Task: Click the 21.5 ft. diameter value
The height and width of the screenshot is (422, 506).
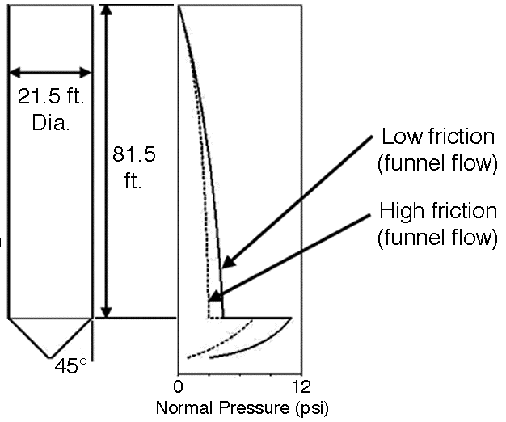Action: (51, 96)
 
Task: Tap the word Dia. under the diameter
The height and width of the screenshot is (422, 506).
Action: (51, 123)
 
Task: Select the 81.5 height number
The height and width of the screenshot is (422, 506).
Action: (134, 154)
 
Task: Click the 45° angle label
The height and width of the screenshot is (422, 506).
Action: (70, 366)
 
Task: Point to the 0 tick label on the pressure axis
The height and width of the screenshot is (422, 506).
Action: (178, 386)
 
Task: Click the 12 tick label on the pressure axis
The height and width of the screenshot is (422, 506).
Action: (301, 386)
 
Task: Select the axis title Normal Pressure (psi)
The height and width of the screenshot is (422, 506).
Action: (242, 408)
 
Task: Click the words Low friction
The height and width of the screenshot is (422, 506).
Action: (438, 137)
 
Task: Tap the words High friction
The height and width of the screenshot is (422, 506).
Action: (438, 211)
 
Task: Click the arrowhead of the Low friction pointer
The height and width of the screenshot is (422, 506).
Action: (229, 261)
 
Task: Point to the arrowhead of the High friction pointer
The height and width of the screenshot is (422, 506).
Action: (215, 296)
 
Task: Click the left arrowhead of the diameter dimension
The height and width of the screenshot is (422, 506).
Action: (15, 72)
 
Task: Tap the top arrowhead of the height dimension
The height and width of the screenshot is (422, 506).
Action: (107, 11)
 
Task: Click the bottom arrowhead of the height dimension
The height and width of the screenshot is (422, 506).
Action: (107, 312)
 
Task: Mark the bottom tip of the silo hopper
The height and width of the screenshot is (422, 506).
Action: (50, 357)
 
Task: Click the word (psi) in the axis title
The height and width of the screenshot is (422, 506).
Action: (312, 409)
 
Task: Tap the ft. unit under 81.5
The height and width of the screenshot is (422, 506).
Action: (133, 181)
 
